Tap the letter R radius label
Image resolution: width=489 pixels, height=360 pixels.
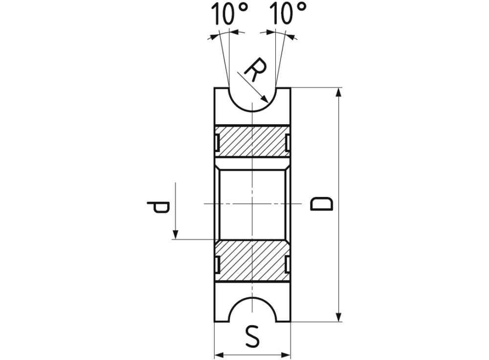tap(255, 70)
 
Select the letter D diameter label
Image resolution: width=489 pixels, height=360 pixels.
tap(322, 204)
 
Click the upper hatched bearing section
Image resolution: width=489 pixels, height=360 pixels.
tap(252, 142)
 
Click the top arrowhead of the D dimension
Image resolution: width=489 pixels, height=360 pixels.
tap(338, 93)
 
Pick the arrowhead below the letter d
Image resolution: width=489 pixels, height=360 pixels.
tap(175, 234)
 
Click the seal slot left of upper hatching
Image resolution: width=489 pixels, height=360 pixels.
tap(217, 142)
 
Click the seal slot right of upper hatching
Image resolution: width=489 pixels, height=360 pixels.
tap(287, 142)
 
